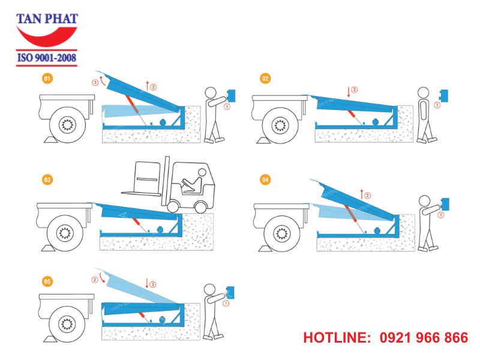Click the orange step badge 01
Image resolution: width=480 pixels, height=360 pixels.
click(x=47, y=78)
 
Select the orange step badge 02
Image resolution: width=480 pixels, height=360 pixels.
click(x=265, y=78)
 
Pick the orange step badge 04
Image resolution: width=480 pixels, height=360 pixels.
click(x=265, y=179)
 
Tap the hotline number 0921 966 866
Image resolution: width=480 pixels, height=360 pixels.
click(x=424, y=338)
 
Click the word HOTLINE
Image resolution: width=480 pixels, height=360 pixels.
click(x=337, y=338)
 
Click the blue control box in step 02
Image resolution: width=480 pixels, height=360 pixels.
click(x=445, y=95)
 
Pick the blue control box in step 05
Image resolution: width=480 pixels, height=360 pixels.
click(x=229, y=293)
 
